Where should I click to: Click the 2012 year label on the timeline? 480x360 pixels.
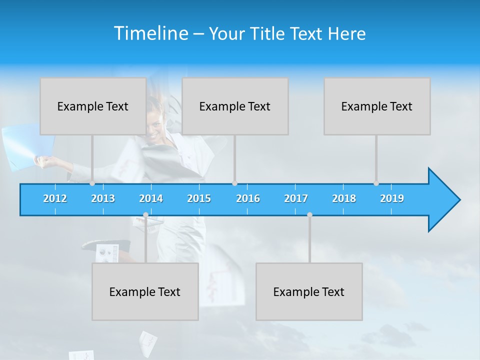point(55,198)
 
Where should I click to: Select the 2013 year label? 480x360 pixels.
point(103,198)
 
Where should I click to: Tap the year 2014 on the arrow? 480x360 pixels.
point(151,198)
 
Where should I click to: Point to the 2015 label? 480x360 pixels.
point(199,198)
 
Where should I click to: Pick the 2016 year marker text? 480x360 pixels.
point(248,198)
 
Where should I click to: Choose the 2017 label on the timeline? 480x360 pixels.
point(296,198)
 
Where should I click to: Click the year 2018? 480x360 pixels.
point(344,198)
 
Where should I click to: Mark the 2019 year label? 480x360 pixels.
point(392,198)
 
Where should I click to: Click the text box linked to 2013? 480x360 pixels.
point(93,106)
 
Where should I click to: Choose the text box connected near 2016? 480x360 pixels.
point(235,106)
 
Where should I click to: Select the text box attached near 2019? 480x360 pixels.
point(377,106)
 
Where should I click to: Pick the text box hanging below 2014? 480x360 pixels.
point(145,291)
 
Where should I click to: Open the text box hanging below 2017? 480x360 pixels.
point(309,291)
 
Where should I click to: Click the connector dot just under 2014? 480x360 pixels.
point(145,215)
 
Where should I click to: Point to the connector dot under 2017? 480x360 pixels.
point(309,215)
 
